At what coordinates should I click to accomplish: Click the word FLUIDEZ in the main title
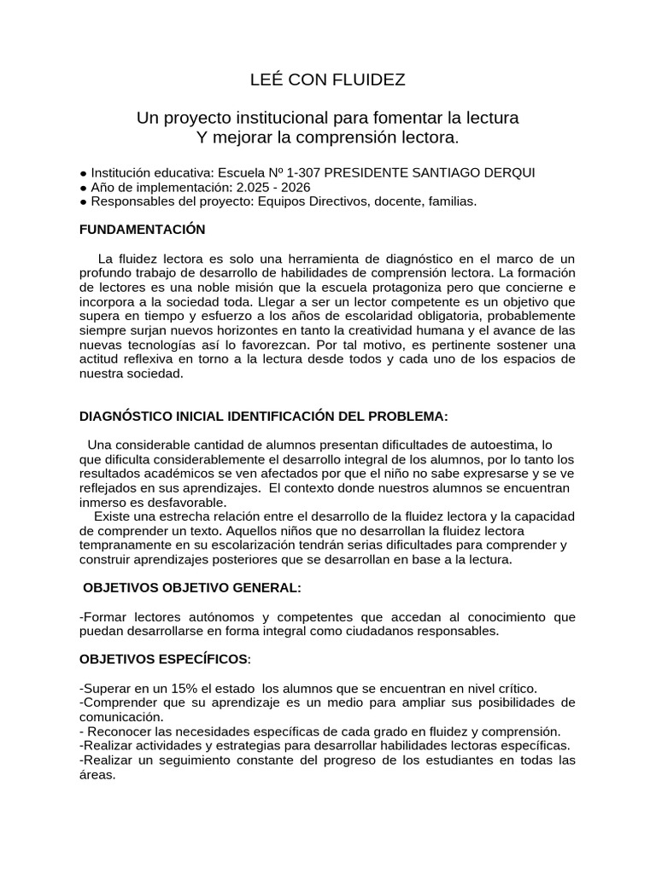pos(370,80)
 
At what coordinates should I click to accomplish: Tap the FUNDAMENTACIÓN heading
pos(142,230)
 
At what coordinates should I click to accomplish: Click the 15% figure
pos(170,688)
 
